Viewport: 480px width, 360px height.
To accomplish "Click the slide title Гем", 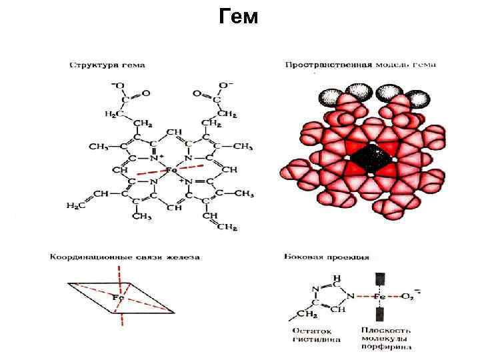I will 238,17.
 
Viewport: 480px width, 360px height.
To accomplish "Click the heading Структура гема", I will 107,65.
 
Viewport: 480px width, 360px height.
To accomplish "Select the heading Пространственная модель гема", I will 360,65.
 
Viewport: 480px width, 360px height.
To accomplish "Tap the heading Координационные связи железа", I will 124,256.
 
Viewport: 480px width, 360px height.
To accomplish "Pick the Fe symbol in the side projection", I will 381,295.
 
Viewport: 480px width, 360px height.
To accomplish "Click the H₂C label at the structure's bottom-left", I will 75,206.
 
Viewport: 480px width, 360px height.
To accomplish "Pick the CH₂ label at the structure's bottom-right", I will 227,227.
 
